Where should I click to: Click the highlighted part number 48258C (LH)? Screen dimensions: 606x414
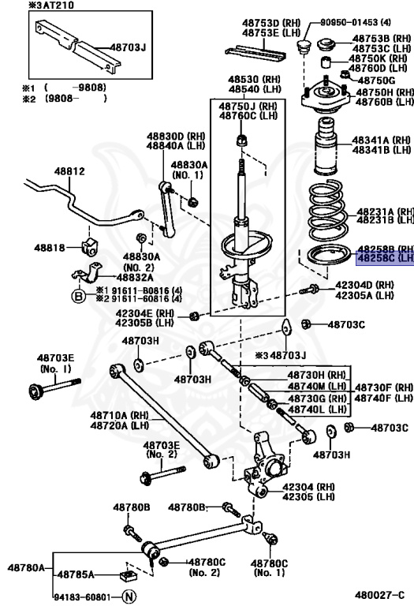384,258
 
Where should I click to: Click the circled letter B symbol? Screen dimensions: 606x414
79,297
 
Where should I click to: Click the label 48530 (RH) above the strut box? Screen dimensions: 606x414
255,80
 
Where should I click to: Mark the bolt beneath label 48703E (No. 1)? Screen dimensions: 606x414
55,388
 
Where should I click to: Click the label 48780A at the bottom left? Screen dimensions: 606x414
26,567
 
